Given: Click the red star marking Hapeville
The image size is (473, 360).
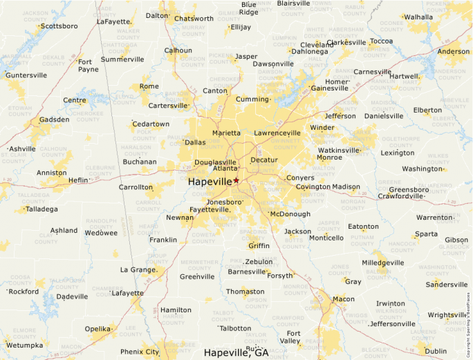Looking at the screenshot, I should click(236, 180).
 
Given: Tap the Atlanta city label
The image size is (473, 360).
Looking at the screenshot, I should click(225, 168).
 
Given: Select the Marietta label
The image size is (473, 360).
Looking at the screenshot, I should click(227, 133).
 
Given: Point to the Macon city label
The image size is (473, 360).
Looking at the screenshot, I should click(343, 299).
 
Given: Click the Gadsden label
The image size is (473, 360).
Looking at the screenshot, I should click(55, 120).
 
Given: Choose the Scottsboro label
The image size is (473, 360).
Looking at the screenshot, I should click(59, 26).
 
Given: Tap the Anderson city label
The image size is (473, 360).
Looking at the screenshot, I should click(454, 51).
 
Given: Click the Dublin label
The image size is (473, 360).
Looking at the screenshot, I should click(436, 351).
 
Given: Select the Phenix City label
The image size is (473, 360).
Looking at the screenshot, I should click(140, 352).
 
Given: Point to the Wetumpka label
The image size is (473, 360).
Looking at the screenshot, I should click(24, 345).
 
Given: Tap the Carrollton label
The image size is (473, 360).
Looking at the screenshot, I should click(136, 187).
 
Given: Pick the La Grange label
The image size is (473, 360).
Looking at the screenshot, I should click(138, 269).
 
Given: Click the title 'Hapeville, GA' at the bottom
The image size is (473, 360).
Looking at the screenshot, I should click(236, 352).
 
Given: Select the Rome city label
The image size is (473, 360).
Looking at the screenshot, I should click(149, 86).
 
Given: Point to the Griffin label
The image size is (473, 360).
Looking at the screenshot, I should click(259, 245).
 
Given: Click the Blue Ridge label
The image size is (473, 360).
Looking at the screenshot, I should click(248, 8).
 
